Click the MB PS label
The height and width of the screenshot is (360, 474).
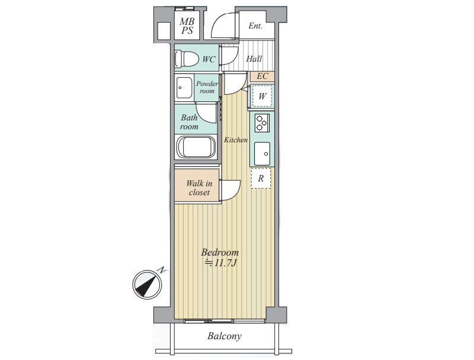click(x=187, y=26)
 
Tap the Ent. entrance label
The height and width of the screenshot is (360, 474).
click(x=255, y=26)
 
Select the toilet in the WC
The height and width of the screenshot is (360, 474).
click(x=187, y=59)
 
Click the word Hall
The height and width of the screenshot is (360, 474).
click(x=254, y=58)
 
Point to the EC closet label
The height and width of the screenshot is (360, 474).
click(x=262, y=76)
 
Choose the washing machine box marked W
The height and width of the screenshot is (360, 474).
click(x=262, y=96)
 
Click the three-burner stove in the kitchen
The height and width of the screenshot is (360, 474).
click(x=262, y=123)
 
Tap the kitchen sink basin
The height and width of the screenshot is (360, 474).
click(x=262, y=154)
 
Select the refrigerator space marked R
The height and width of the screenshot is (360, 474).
click(x=261, y=178)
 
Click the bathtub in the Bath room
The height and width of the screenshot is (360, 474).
click(x=196, y=147)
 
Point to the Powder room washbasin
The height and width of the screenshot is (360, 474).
click(x=184, y=88)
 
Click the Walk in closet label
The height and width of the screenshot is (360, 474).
click(x=199, y=188)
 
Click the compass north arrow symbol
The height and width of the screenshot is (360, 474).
click(x=147, y=284)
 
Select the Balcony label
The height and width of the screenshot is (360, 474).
click(x=225, y=336)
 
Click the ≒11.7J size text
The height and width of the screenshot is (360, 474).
click(x=220, y=263)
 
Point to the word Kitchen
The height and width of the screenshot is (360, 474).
click(x=235, y=140)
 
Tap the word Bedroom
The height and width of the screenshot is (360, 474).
click(x=220, y=252)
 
